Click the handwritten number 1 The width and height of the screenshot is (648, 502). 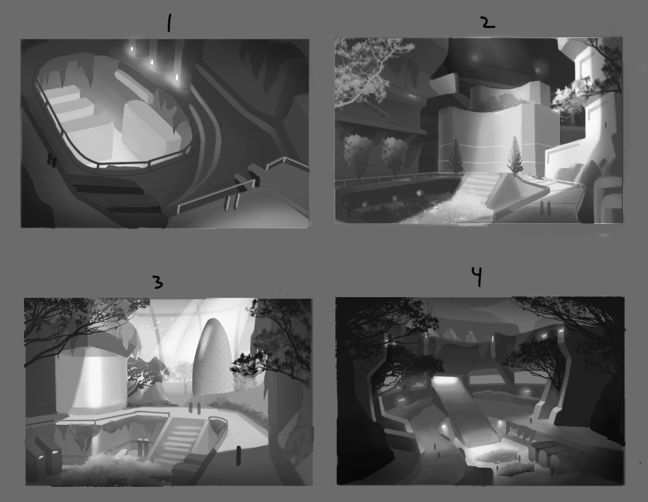tap(168, 23)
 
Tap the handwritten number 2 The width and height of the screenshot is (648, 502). tap(488, 22)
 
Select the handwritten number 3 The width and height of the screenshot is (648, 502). tap(158, 283)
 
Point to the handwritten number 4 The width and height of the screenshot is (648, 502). tap(477, 276)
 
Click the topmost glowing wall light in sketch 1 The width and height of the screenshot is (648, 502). tap(132, 49)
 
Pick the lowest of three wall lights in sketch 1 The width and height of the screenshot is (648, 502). tap(177, 77)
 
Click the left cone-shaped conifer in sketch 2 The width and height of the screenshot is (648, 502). tap(456, 156)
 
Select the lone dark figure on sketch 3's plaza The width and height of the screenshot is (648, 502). tap(238, 455)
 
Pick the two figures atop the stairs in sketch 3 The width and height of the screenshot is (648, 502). tap(194, 408)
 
